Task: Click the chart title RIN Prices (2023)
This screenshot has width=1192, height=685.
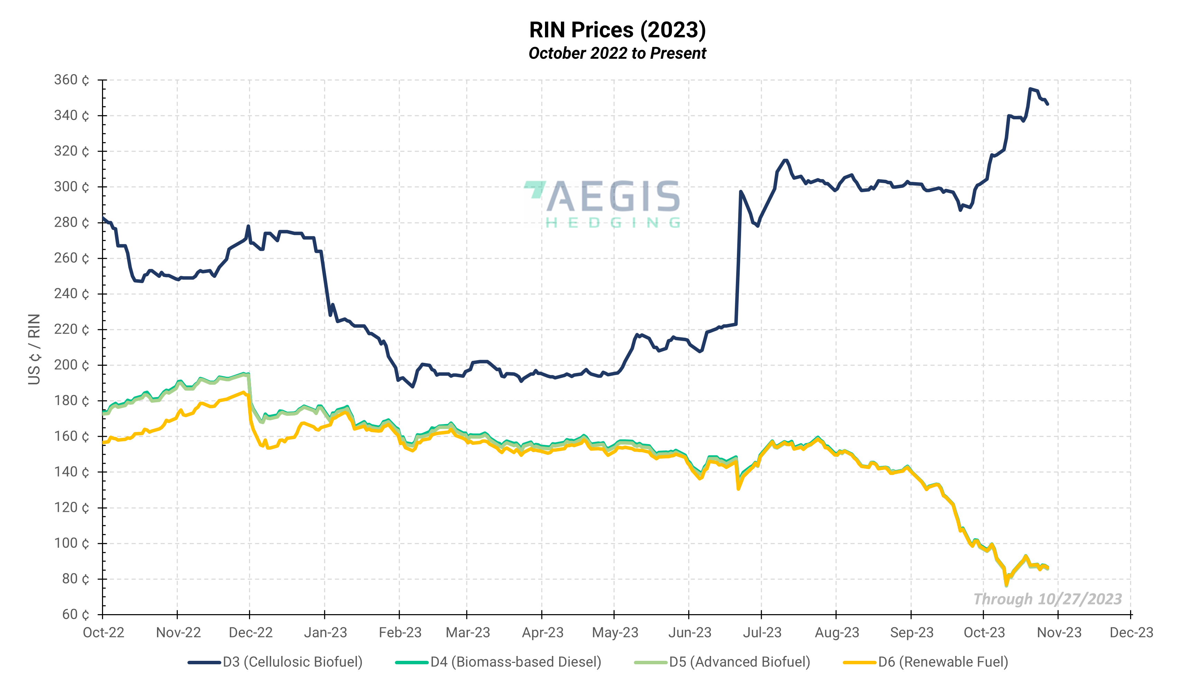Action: pos(617,30)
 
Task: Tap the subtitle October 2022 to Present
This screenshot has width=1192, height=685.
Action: pos(617,53)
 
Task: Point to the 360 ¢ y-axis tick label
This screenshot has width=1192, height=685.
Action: pos(72,80)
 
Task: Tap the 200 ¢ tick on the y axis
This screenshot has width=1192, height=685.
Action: pos(72,365)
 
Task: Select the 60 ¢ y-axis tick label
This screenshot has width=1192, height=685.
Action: pos(75,614)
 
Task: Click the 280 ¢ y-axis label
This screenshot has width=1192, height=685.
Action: pos(72,223)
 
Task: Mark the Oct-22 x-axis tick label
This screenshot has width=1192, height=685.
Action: pos(103,632)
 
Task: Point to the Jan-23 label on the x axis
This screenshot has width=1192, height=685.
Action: pos(325,632)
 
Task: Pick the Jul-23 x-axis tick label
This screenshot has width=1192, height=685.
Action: pos(762,632)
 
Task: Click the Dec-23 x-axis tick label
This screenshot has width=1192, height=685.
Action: pos(1131,632)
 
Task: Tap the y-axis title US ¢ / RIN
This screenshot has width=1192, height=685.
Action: pos(34,349)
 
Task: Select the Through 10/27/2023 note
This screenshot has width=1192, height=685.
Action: pos(1047,599)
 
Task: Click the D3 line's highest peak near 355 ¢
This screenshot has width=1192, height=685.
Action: pos(1030,88)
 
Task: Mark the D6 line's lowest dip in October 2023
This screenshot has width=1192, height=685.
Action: pos(1006,585)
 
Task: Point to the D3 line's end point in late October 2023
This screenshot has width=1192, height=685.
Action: pos(1047,104)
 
